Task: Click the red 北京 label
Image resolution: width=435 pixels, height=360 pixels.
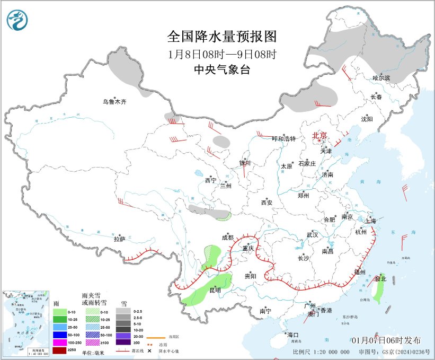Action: click(319, 136)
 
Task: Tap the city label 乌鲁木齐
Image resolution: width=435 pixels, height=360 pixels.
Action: click(115, 101)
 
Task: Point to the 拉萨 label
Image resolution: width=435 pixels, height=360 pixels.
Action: click(119, 239)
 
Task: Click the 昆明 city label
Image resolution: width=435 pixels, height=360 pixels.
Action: click(216, 289)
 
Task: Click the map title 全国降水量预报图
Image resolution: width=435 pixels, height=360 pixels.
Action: click(222, 37)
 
